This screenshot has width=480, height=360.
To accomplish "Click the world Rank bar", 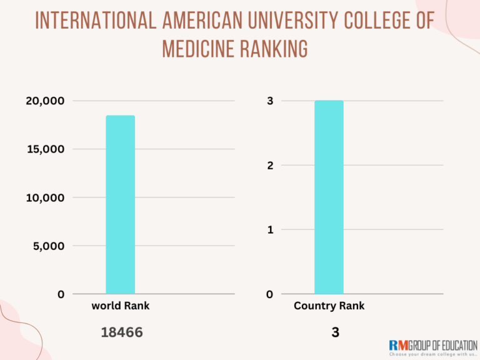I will pyautogui.click(x=120, y=204).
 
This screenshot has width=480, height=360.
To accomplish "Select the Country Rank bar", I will pyautogui.click(x=329, y=197).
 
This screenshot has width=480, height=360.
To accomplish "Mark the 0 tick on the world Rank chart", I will pyautogui.click(x=61, y=294).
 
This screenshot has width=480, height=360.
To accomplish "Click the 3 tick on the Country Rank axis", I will pyautogui.click(x=269, y=101).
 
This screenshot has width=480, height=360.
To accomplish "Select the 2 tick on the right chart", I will pyautogui.click(x=269, y=166).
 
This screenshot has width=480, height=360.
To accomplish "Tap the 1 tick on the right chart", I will pyautogui.click(x=269, y=230).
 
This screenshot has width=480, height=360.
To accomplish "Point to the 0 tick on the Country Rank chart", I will pyautogui.click(x=269, y=294).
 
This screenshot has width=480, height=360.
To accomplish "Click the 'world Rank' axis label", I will pyautogui.click(x=121, y=306).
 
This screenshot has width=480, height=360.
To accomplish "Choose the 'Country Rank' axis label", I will pyautogui.click(x=329, y=306).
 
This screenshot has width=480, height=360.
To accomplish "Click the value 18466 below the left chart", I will pyautogui.click(x=122, y=333).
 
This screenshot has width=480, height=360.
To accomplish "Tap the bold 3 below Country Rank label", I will pyautogui.click(x=336, y=333).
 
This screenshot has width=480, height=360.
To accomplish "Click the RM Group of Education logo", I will pyautogui.click(x=432, y=347).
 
